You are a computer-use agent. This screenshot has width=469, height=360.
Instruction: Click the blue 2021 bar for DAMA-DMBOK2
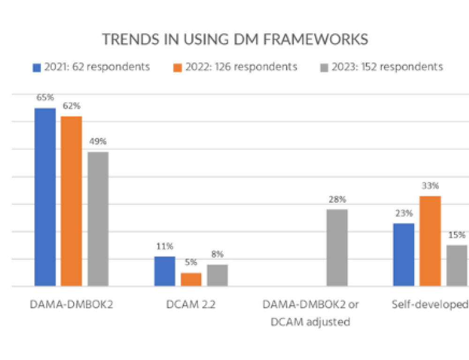(45, 197)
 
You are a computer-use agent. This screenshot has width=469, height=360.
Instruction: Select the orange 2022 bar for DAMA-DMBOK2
(72, 201)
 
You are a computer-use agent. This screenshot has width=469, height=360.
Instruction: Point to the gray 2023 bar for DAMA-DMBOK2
(98, 219)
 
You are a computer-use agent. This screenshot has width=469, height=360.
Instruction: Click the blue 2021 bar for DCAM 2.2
(165, 271)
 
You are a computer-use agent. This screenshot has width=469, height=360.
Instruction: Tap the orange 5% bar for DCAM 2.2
(191, 280)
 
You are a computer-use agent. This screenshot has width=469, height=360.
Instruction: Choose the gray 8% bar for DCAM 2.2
(217, 275)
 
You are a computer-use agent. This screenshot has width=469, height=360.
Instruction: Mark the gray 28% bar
(337, 248)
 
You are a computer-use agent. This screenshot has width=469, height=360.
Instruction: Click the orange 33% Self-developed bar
(430, 241)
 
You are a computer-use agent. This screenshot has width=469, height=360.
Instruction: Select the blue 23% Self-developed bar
(404, 255)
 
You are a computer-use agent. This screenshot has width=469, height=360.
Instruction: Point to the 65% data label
(45, 98)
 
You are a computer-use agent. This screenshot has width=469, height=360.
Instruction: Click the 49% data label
(98, 141)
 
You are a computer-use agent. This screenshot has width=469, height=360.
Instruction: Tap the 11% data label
(165, 246)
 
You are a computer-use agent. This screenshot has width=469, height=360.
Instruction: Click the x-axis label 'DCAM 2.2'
(191, 305)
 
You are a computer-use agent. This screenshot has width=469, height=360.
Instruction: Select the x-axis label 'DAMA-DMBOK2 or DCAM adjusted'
(310, 313)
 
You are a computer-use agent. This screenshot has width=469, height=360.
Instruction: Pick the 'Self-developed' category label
(430, 305)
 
